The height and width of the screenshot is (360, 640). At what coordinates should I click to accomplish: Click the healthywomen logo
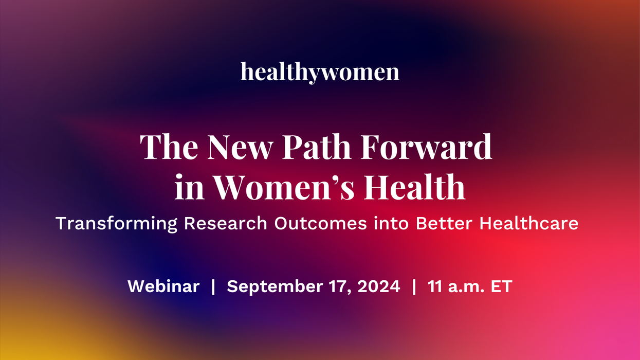coord(320,72)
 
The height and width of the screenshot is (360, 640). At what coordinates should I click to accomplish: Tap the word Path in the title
coord(323,147)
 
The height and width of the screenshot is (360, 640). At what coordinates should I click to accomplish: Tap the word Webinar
coord(163,286)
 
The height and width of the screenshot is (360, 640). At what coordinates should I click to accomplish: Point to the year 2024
coord(379,286)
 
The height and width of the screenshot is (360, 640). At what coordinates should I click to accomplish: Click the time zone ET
coord(501,286)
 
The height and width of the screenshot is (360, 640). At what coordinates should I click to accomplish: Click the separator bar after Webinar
coord(213,286)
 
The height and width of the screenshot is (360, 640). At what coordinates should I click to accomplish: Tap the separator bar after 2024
coord(414,286)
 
